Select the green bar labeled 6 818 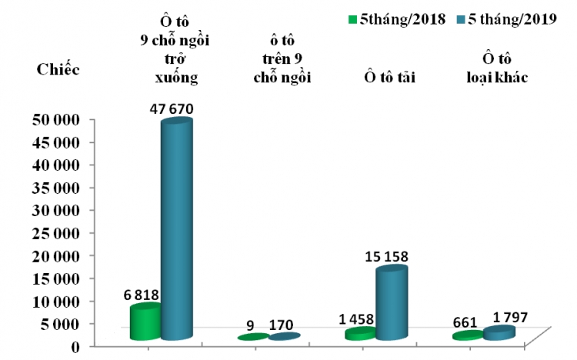(145, 322)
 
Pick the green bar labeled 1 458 (360, 334)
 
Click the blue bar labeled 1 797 (499, 333)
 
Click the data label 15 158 (392, 256)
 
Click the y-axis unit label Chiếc (58, 69)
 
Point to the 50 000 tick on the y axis (55, 119)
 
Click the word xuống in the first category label (176, 77)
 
